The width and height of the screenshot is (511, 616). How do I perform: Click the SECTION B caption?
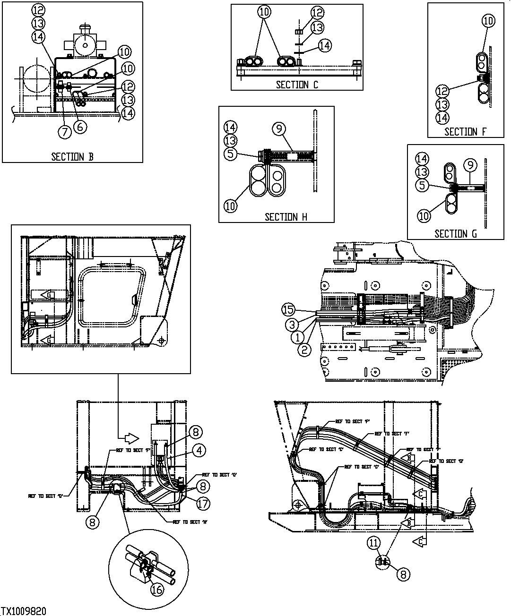(72, 157)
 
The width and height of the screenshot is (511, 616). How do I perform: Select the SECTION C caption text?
(297, 85)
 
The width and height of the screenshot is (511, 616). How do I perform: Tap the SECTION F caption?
(465, 132)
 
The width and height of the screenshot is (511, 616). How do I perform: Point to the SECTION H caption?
(286, 217)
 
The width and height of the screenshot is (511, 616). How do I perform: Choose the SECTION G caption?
(455, 234)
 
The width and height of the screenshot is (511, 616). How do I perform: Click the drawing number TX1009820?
(24, 611)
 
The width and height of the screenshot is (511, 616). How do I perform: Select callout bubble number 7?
(64, 132)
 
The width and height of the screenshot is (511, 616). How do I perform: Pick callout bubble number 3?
(293, 324)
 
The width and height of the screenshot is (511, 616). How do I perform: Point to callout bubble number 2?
(304, 350)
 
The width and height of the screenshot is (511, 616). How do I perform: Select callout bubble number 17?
(203, 504)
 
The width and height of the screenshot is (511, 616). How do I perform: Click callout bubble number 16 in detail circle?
(157, 590)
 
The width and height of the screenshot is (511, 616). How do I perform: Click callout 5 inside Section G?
(423, 186)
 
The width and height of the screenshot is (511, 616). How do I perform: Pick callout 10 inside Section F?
(488, 20)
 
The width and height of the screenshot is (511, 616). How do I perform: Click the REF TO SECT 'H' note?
(191, 522)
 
